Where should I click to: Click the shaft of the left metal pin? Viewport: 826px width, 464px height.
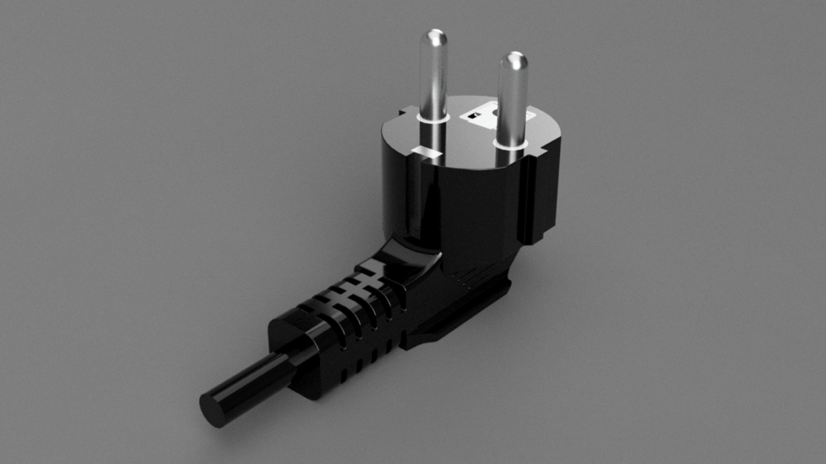[435, 82]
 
